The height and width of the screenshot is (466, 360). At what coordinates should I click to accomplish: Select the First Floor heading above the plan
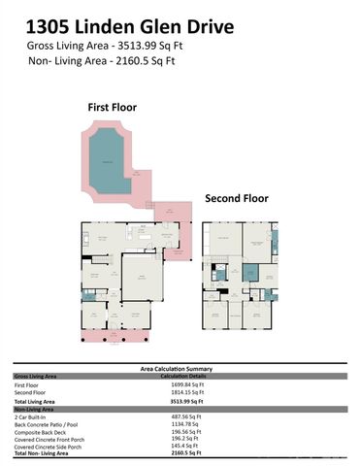114,108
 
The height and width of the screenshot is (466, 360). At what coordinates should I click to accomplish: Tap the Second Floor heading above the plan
236,197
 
